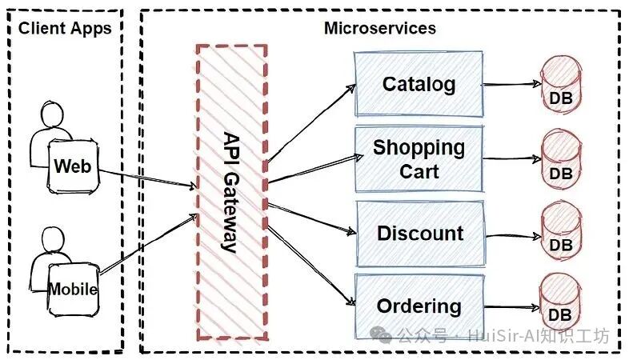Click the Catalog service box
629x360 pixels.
419,84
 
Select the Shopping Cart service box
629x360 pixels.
419,158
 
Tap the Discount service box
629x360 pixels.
420,234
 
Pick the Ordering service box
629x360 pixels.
419,306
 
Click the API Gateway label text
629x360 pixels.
231,193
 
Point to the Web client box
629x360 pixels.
73,166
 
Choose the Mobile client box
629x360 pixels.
74,289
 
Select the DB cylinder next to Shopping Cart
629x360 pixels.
561,158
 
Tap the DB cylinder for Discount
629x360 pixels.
561,231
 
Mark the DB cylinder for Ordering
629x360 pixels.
560,303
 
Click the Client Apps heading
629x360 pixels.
65,29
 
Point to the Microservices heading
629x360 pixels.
380,28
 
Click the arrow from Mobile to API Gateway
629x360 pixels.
148,244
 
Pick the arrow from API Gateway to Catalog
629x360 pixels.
311,123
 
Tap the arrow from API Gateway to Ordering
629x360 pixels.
311,266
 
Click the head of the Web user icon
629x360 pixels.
52,114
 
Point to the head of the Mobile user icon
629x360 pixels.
53,240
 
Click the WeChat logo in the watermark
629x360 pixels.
380,334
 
